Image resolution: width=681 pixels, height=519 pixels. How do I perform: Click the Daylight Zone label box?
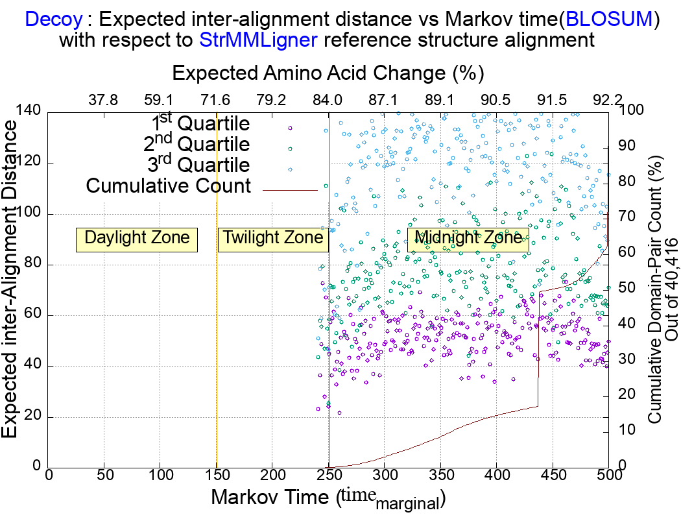(137, 238)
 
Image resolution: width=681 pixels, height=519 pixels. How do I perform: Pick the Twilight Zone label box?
(273, 238)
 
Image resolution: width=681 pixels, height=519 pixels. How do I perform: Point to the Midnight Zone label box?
(468, 238)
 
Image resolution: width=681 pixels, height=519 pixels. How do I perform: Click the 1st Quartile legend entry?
(200, 123)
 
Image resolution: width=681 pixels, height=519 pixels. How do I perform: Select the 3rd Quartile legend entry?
(200, 165)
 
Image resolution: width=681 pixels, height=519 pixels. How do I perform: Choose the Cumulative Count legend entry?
(169, 186)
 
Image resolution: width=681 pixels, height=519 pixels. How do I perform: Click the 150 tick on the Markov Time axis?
(217, 476)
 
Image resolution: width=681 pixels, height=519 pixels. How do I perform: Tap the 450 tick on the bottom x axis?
(553, 476)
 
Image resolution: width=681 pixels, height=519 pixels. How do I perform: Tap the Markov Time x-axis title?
(328, 498)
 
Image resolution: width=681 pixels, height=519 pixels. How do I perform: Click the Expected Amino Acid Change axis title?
(328, 73)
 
